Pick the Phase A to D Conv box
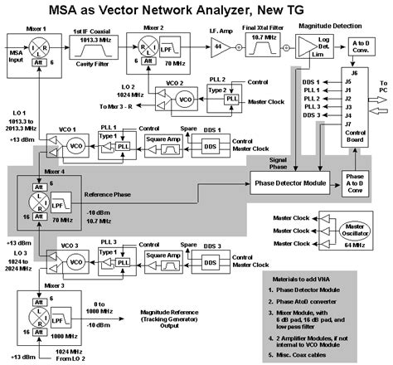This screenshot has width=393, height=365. coord(357,181)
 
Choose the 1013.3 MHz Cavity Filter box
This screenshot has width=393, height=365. coord(93,49)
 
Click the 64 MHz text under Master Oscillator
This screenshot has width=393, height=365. coord(357,246)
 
